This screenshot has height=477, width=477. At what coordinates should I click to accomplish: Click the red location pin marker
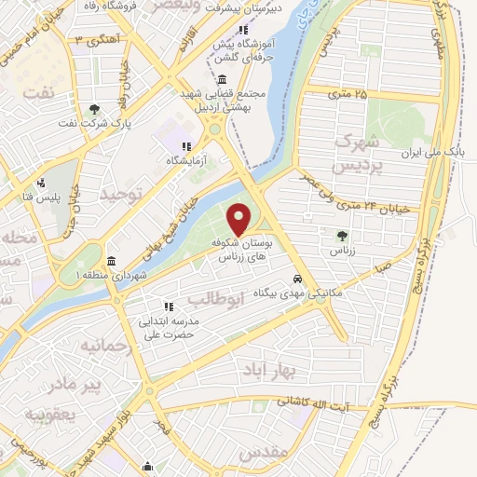coord(239,219)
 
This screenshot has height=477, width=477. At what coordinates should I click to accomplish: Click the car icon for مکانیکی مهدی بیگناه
coord(297,279)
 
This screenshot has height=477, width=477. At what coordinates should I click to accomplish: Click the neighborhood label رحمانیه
coord(89,346)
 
